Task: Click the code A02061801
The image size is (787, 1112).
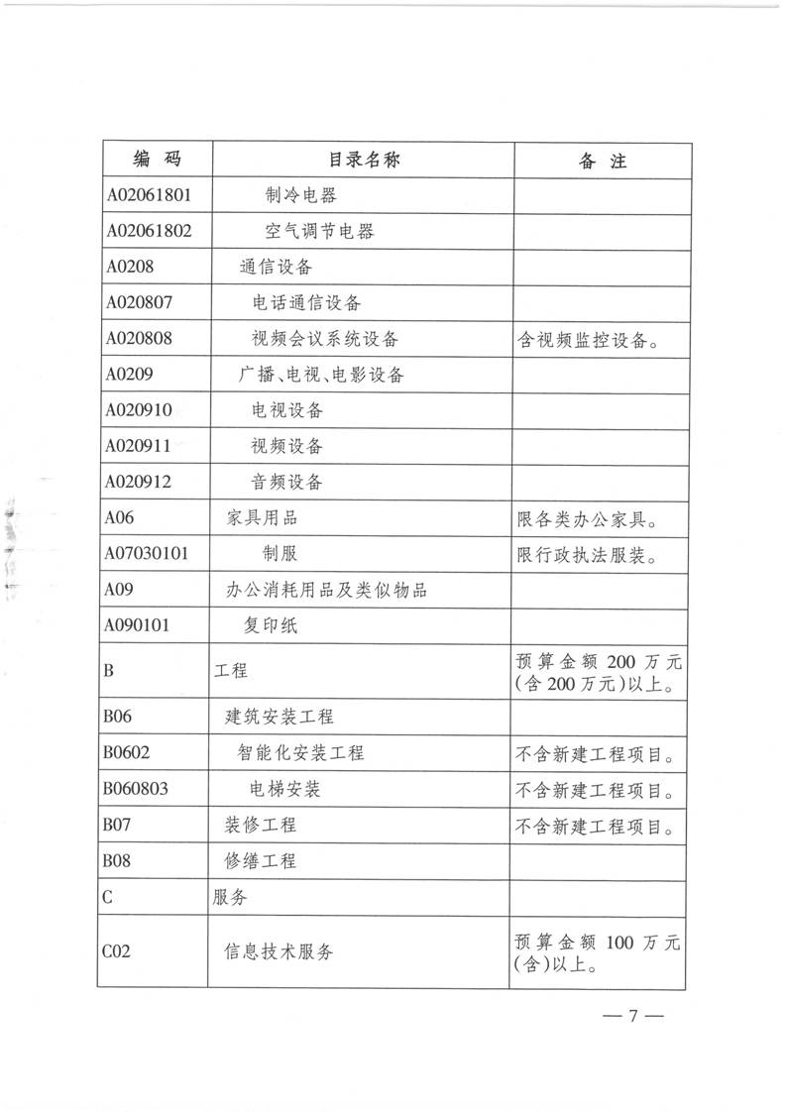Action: coord(148,195)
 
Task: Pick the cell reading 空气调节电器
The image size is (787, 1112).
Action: coord(319,232)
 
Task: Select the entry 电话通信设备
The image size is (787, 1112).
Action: coord(305,302)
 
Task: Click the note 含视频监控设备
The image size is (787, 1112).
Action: coord(589,340)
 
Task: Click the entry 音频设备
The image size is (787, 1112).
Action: coord(287,483)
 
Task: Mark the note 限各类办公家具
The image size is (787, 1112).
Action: coord(589,519)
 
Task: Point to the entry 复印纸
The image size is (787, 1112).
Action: coord(270,626)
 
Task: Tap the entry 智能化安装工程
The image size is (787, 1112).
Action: coord(300,753)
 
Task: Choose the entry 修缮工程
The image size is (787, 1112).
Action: coord(261,861)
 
